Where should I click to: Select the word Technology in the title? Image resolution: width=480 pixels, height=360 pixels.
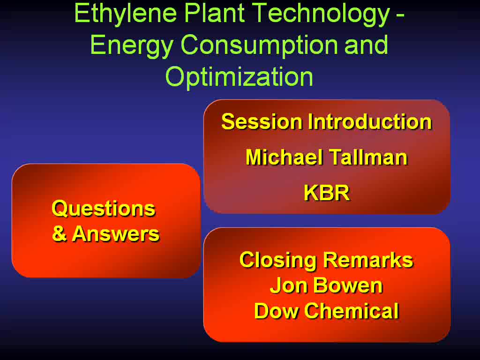pos(322,15)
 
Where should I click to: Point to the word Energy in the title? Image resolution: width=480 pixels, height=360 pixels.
pos(132,46)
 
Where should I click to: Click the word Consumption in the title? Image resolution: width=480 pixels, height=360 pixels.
pos(260,46)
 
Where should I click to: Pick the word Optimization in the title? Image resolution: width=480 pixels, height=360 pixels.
pos(240,78)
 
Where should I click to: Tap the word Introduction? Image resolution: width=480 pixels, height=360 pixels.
pos(370,121)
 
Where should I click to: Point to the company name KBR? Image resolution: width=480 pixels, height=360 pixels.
pos(327,193)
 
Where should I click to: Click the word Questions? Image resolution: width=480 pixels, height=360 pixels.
pos(104,209)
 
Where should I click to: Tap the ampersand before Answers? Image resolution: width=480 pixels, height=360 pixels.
pos(59,233)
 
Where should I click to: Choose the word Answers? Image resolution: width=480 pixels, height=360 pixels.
pos(116,233)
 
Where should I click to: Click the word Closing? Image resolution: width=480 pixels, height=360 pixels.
pos(278,261)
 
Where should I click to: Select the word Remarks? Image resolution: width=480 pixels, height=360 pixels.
pos(368,260)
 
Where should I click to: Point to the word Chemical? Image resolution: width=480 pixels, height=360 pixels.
pos(352,311)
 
